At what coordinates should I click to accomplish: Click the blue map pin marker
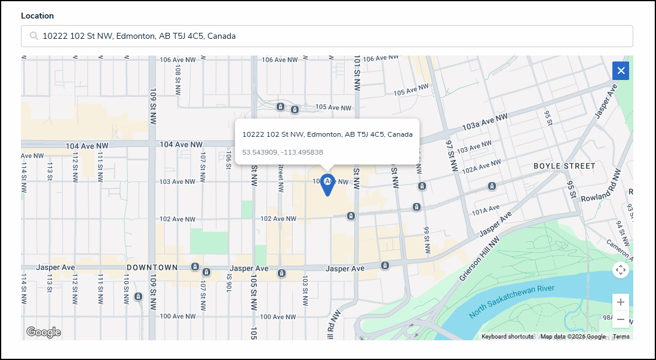tap(327, 184)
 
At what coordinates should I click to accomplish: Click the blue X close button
tap(621, 70)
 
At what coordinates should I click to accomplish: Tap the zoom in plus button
tap(621, 302)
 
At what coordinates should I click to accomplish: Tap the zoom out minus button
tap(621, 319)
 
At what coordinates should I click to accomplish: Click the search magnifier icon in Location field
tap(33, 36)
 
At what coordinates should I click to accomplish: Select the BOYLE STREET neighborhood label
tap(564, 166)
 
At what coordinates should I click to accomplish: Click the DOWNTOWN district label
tap(152, 267)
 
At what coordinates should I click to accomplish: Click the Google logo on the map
tap(43, 332)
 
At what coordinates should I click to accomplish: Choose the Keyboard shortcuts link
tap(507, 337)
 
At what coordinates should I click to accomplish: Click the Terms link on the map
tap(621, 337)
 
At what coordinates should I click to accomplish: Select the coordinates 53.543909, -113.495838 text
tap(283, 152)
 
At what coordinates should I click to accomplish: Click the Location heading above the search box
tap(37, 16)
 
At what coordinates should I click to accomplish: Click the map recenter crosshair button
tap(621, 270)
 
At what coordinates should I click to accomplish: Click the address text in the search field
tap(139, 36)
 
